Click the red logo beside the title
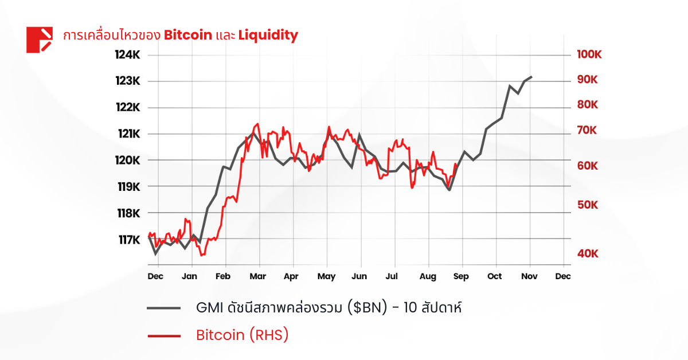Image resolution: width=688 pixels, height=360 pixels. [39, 40]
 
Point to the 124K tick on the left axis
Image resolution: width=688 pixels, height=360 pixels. [127, 55]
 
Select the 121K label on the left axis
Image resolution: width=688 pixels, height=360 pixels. [127, 134]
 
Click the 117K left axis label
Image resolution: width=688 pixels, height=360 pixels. [127, 240]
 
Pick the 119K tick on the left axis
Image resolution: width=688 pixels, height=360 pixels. [127, 187]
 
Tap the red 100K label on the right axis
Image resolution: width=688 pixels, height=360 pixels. [589, 55]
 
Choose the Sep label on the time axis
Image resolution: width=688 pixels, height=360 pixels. [461, 276]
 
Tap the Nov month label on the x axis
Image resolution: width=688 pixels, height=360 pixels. [529, 276]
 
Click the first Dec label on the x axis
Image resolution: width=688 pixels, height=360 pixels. [155, 276]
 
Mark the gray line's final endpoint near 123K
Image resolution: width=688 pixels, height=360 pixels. [531, 77]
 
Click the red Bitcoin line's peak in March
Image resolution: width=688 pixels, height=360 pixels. [257, 124]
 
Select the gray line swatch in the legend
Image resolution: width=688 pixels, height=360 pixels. [164, 308]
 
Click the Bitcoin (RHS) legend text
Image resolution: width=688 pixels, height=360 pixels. [242, 335]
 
